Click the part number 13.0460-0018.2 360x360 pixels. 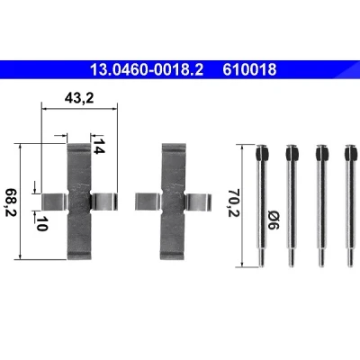tap(147, 70)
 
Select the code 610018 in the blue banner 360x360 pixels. tap(249, 70)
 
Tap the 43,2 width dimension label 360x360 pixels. tap(79, 98)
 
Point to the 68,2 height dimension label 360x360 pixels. tap(12, 202)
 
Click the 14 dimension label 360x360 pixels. tap(98, 147)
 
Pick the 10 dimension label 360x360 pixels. tap(41, 223)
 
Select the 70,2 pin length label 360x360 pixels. tap(234, 202)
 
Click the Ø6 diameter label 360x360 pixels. tap(273, 220)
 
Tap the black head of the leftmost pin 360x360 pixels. tap(262, 152)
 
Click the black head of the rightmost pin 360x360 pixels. tap(351, 152)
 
